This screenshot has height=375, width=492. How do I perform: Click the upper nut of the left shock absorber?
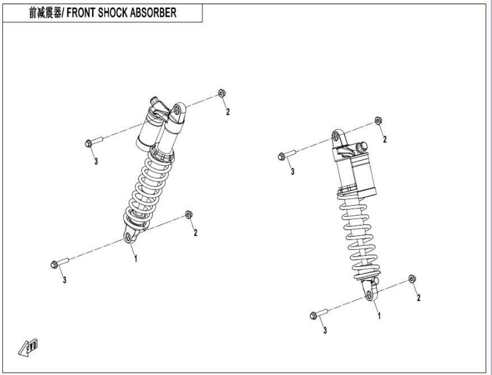coord(221,93)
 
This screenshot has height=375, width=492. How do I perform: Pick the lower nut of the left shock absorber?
coord(189,214)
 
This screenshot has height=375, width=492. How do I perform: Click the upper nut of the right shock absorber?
coord(378,121)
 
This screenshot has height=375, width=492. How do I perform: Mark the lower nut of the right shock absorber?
coord(412,279)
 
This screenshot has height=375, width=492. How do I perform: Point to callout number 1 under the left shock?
coord(135,259)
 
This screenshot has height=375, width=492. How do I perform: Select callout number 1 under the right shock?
coord(379,316)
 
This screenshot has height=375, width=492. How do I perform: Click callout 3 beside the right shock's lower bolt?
coord(325,331)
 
